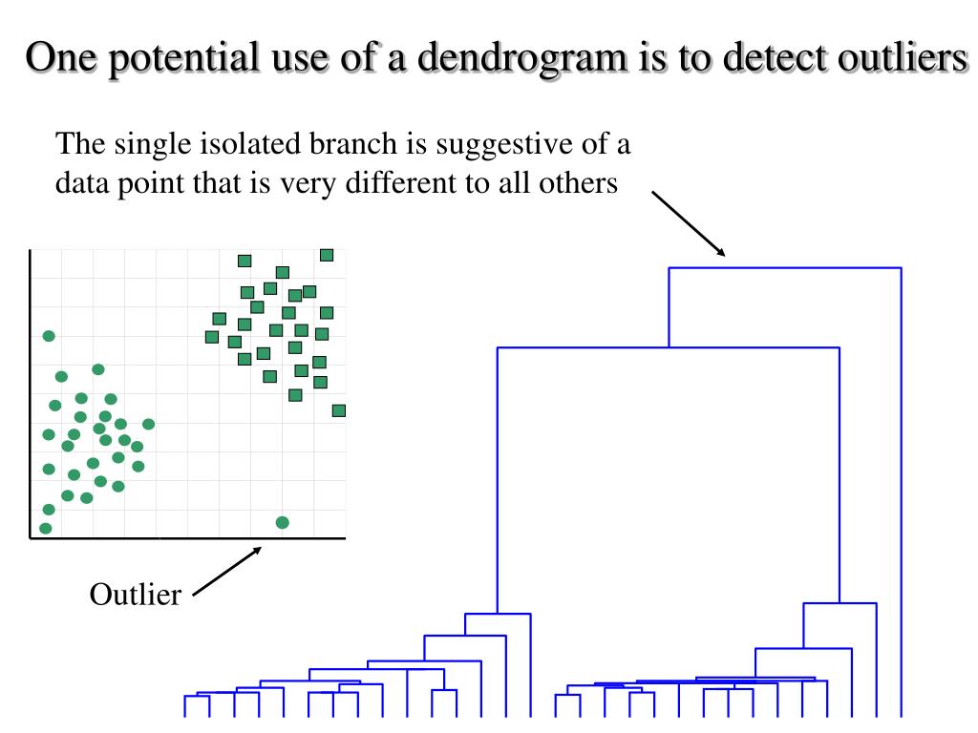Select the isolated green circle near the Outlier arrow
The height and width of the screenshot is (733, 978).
[x=282, y=522]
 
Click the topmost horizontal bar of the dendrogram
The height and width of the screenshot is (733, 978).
[x=784, y=268]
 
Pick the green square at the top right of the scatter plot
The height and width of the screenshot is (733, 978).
[x=327, y=254]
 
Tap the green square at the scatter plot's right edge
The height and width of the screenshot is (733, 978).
[x=338, y=410]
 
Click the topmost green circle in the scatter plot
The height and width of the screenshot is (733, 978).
[x=49, y=336]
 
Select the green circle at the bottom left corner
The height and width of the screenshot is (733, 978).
[x=45, y=528]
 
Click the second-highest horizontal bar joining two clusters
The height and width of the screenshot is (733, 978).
[x=668, y=348]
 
